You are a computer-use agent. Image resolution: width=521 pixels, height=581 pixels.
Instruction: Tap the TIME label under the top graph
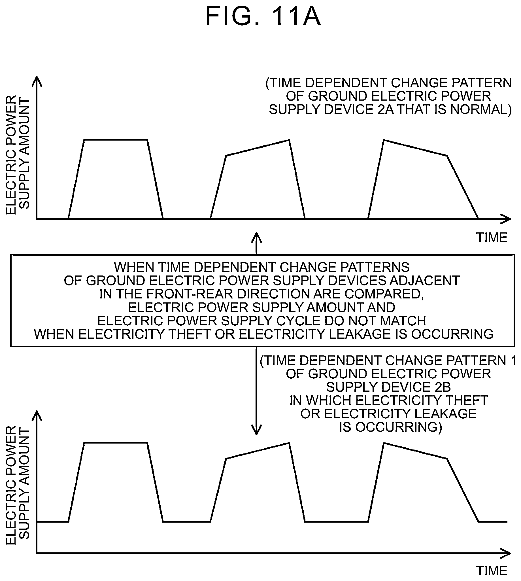(x=492, y=238)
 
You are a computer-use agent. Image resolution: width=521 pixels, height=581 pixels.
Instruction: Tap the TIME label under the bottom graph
(x=492, y=571)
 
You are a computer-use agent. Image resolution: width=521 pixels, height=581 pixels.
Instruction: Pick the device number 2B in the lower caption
(x=442, y=387)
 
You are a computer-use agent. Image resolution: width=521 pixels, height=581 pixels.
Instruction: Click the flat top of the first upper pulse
(x=116, y=140)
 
